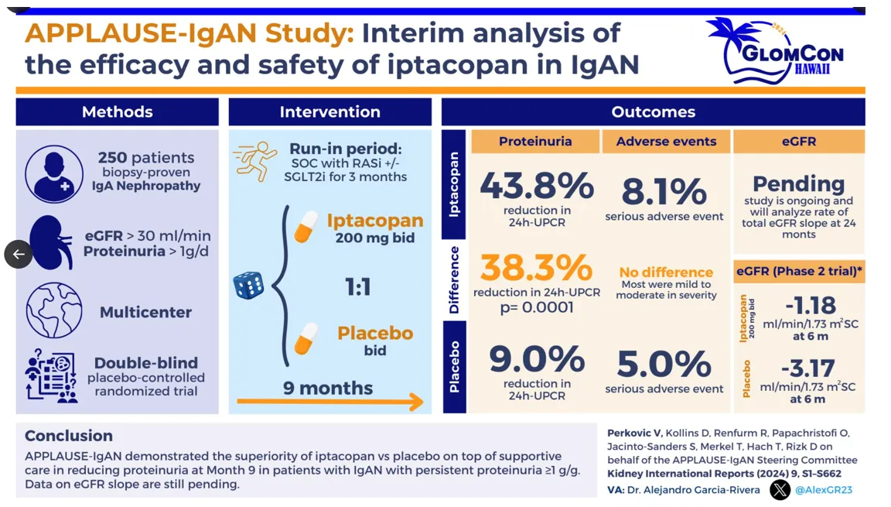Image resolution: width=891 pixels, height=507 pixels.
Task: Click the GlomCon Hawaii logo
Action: (x=776, y=51)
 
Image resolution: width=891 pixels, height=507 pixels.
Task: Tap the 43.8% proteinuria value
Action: (x=536, y=187)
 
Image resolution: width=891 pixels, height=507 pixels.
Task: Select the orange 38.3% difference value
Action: (x=536, y=268)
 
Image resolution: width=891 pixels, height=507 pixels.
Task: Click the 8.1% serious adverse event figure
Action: (x=664, y=191)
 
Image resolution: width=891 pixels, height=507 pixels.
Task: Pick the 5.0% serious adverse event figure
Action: (x=664, y=364)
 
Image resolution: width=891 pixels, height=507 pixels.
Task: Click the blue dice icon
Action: (x=248, y=286)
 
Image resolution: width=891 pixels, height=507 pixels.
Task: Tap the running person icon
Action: (x=255, y=160)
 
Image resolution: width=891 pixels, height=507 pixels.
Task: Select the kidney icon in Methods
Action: (x=51, y=242)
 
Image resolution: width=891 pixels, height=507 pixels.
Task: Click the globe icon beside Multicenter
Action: (x=54, y=310)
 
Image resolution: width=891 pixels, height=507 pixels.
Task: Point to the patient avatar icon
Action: (x=54, y=173)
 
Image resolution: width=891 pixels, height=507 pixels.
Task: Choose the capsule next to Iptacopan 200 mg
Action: (x=306, y=227)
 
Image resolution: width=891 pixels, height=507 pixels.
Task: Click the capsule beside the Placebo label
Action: (x=306, y=339)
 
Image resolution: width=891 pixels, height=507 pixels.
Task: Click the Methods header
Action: (x=118, y=111)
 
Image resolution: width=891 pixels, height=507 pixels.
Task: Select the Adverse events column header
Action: (x=666, y=142)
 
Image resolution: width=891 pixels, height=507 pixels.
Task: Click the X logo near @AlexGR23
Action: (x=780, y=489)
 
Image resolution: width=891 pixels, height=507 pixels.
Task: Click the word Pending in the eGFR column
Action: (x=798, y=184)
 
